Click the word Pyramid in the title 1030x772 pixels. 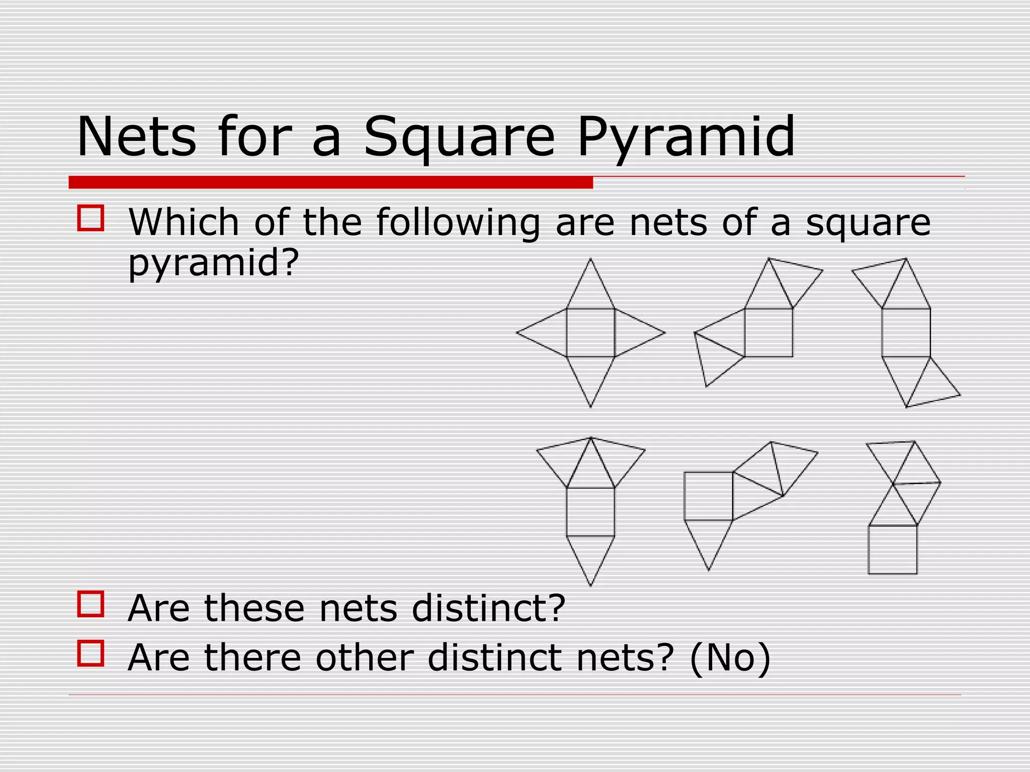click(686, 137)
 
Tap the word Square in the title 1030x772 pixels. click(460, 137)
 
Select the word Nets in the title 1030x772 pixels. click(136, 137)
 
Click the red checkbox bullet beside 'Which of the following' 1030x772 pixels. click(91, 218)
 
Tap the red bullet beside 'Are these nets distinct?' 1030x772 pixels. click(91, 604)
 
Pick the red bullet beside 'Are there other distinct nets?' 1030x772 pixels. click(91, 653)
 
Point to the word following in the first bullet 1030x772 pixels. click(458, 222)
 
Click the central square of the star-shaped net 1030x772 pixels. click(590, 333)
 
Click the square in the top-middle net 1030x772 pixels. click(768, 333)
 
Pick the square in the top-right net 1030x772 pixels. click(906, 333)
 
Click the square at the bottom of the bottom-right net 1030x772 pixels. click(893, 549)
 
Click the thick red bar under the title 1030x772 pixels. click(330, 182)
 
